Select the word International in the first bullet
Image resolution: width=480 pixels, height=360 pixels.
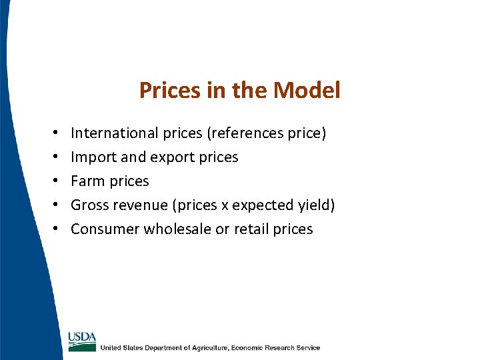[x=114, y=133]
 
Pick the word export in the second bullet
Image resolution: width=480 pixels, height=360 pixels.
[x=177, y=157]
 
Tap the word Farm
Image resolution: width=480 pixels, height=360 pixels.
[x=87, y=181]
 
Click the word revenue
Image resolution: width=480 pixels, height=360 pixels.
[x=145, y=205]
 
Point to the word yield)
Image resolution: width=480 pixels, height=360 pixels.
[x=316, y=205]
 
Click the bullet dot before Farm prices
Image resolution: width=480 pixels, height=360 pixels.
[x=53, y=181]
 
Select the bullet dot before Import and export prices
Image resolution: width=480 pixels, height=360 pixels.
[x=53, y=157]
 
